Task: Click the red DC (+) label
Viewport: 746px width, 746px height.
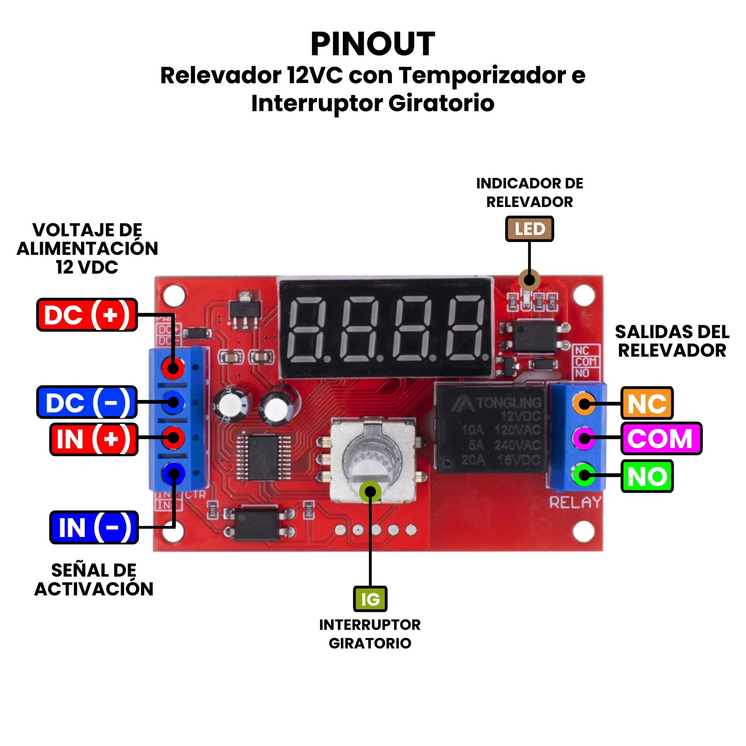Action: pyautogui.click(x=87, y=315)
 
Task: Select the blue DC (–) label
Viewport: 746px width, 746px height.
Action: pyautogui.click(x=87, y=402)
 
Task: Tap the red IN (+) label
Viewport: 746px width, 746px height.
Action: pyautogui.click(x=94, y=439)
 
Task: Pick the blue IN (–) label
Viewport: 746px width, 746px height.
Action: pyautogui.click(x=94, y=527)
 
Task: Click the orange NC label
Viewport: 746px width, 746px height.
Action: pyautogui.click(x=647, y=404)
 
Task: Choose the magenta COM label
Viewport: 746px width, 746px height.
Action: pyautogui.click(x=661, y=438)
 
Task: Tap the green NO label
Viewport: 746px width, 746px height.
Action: pyautogui.click(x=647, y=476)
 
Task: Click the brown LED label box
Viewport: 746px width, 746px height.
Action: pyautogui.click(x=529, y=229)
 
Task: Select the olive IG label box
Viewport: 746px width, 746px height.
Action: pyautogui.click(x=370, y=599)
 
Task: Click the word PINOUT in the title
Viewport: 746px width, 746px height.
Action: pyautogui.click(x=373, y=44)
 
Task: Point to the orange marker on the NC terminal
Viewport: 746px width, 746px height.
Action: pyautogui.click(x=584, y=404)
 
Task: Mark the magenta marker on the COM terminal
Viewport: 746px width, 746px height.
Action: pyautogui.click(x=584, y=438)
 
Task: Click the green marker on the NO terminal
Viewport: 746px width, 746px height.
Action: pyautogui.click(x=584, y=475)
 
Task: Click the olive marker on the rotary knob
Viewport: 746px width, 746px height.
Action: pyautogui.click(x=370, y=492)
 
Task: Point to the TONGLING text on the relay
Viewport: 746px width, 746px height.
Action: pyautogui.click(x=509, y=403)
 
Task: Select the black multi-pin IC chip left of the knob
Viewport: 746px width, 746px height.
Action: pyautogui.click(x=263, y=458)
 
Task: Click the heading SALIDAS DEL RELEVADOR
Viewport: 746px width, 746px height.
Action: pyautogui.click(x=672, y=341)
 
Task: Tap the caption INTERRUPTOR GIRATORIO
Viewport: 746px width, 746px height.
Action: pyautogui.click(x=370, y=634)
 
